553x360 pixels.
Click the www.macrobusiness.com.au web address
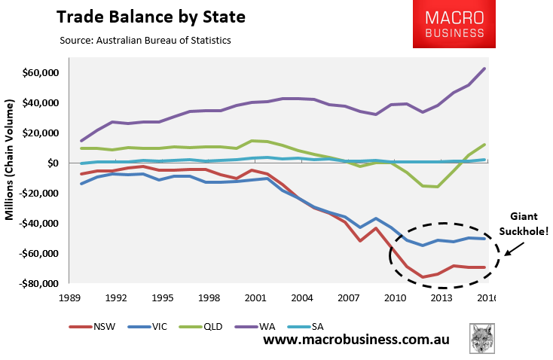(x=356, y=340)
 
